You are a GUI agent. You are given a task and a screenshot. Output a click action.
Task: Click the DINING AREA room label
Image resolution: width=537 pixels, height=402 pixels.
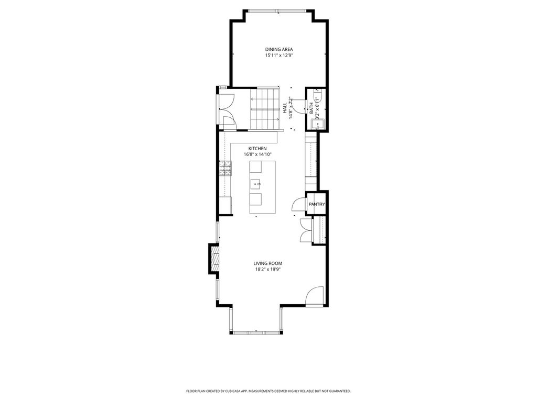[x=279, y=49]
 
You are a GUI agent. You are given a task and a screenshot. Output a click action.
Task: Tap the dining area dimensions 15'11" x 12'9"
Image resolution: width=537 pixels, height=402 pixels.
[x=279, y=55]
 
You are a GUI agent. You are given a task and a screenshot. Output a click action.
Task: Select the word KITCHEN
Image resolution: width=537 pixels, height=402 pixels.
[x=257, y=148]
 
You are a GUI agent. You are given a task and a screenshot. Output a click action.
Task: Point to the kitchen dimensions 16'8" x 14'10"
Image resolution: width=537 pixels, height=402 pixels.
[x=257, y=154]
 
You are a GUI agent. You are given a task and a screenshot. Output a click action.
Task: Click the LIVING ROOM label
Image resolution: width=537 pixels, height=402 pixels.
[x=268, y=263]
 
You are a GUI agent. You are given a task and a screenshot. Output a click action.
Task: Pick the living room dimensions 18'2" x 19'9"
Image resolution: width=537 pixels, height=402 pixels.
[x=268, y=270]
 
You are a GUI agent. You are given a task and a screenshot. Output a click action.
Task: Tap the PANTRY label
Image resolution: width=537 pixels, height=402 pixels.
[x=317, y=204]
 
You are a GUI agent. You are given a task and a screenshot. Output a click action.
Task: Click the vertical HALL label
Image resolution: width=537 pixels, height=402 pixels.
[x=285, y=108]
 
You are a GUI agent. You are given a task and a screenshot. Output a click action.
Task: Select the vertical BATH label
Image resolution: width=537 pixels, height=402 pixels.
[x=312, y=108]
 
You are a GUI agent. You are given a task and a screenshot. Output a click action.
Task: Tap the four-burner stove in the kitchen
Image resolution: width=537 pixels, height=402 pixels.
[x=225, y=168]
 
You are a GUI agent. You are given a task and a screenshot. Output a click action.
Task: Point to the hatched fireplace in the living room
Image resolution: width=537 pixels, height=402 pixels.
[x=214, y=259]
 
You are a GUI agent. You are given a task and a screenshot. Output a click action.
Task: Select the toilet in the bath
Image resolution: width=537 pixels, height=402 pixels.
[x=318, y=95]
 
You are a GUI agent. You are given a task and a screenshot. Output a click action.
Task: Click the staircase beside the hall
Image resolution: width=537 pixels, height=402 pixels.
[x=265, y=109]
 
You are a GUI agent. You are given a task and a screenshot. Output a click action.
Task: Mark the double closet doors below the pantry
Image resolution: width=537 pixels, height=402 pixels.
[x=306, y=230]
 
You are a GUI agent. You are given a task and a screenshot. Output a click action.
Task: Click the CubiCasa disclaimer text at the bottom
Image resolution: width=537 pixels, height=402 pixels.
[x=268, y=390]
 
